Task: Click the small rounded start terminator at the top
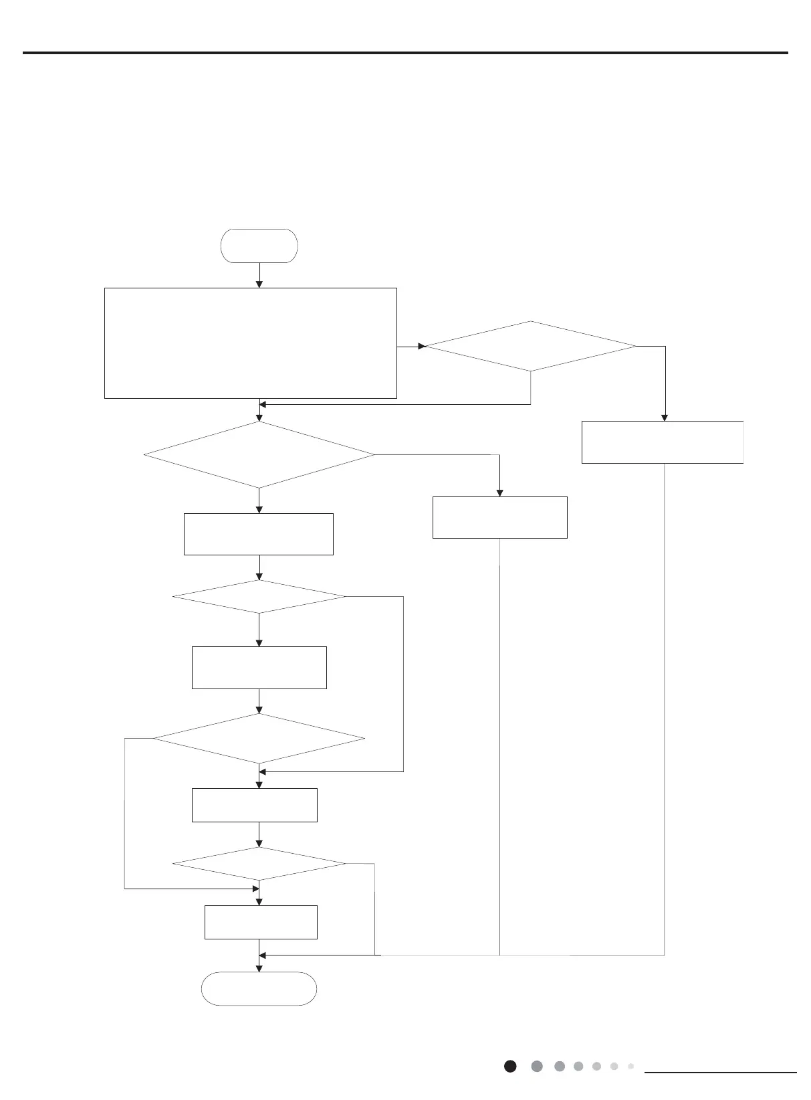259,246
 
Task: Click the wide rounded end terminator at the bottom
259,988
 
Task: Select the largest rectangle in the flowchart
251,343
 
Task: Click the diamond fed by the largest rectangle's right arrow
531,346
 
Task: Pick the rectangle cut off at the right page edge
662,442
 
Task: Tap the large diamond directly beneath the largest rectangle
259,455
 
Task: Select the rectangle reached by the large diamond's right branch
499,517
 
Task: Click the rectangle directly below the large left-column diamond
259,534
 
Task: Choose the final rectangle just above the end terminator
261,922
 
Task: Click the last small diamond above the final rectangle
259,864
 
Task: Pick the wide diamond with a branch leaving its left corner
259,739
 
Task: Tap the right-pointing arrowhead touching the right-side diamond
422,347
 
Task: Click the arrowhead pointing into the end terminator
259,968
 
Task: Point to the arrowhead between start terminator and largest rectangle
259,284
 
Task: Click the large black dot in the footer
510,1067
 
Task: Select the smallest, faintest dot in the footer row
630,1066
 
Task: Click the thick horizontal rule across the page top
405,53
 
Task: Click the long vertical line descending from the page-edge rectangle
665,709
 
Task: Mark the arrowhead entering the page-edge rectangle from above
665,417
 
